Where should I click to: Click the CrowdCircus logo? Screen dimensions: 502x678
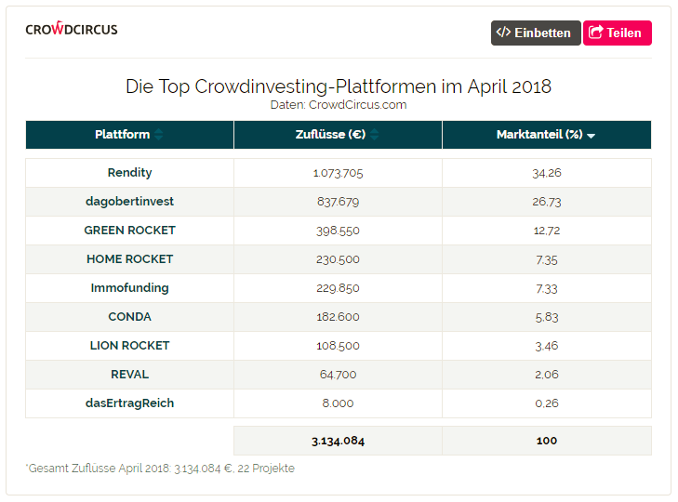[72, 29]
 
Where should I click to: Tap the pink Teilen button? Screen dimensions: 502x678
[617, 33]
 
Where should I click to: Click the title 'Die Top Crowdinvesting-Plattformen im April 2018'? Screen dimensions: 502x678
[339, 86]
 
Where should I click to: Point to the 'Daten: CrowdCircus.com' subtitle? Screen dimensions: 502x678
[339, 105]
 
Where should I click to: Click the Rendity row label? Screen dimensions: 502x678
[129, 173]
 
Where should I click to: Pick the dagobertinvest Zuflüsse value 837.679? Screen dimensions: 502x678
[337, 202]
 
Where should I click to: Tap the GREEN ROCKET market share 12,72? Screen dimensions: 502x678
[547, 231]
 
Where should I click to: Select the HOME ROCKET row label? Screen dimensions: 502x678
[129, 259]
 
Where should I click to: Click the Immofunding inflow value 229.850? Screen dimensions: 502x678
[337, 288]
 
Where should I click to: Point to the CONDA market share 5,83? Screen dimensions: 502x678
[547, 317]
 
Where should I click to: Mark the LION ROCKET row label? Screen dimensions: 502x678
[129, 346]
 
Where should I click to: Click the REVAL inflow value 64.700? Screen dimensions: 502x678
[337, 375]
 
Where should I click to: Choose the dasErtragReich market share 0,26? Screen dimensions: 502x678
[547, 403]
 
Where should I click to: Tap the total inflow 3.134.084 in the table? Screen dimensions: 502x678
[338, 441]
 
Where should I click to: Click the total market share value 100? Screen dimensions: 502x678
[547, 441]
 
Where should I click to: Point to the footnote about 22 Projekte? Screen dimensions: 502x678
[160, 469]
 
